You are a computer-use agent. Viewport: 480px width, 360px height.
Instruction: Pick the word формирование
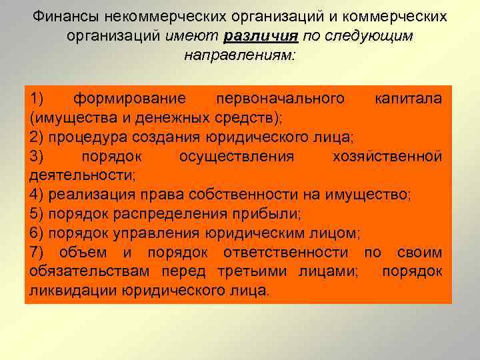click(129, 99)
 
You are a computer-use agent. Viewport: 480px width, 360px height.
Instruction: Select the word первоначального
click(280, 99)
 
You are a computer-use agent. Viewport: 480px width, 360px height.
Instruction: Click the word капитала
click(408, 99)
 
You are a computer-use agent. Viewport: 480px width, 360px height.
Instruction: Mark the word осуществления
click(237, 157)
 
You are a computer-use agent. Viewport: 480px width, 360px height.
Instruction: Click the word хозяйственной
click(387, 157)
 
